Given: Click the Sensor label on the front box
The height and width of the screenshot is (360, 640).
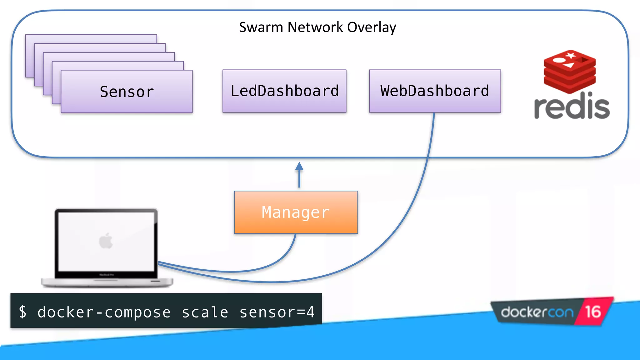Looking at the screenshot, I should [127, 92].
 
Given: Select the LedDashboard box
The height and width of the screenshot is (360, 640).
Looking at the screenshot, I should [284, 91].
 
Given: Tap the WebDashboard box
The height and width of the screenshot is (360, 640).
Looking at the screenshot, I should [435, 91].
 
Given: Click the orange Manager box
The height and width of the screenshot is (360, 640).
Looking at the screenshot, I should [296, 212].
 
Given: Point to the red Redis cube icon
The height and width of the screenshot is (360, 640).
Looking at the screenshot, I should [569, 72].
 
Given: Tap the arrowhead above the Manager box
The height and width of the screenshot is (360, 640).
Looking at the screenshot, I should [299, 167].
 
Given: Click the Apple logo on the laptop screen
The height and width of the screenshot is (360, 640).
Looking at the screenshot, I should [106, 241].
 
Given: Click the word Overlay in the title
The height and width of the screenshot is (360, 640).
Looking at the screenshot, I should [372, 27].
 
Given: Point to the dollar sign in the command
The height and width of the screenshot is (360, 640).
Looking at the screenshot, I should [23, 312].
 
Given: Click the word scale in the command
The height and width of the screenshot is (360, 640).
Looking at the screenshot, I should [205, 312].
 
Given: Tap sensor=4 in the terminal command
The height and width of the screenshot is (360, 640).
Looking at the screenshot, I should [277, 312].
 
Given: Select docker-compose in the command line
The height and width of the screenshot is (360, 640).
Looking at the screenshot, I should [104, 312].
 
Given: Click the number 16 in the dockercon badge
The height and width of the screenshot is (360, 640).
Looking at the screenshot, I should [593, 312].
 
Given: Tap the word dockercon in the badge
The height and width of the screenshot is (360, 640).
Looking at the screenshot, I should [537, 312].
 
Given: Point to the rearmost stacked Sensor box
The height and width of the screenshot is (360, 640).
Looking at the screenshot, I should [91, 38].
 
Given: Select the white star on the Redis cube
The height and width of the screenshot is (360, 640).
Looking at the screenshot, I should [571, 56].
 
